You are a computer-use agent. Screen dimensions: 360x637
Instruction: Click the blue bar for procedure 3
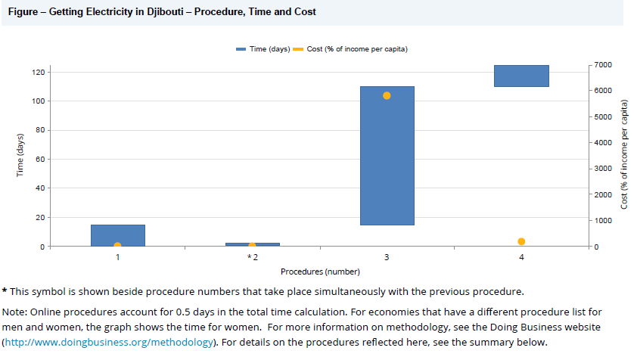[387, 155]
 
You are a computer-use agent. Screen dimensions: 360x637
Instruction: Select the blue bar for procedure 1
[118, 234]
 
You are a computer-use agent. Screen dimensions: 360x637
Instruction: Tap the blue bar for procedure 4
[521, 76]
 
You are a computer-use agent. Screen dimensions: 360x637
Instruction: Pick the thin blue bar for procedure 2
[252, 244]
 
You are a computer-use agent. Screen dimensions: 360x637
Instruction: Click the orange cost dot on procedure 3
[387, 96]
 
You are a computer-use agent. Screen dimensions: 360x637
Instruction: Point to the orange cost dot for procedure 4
[521, 241]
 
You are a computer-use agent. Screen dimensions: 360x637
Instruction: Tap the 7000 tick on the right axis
[602, 65]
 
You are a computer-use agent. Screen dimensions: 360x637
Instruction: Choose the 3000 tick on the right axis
[602, 169]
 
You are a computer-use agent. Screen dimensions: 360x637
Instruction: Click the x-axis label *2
[252, 258]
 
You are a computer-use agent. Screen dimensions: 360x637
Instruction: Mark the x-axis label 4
[521, 258]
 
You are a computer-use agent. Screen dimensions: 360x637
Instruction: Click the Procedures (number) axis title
[319, 271]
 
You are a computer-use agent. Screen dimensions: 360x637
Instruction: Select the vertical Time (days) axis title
[20, 156]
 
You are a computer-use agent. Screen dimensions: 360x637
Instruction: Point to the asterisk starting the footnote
[5, 291]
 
